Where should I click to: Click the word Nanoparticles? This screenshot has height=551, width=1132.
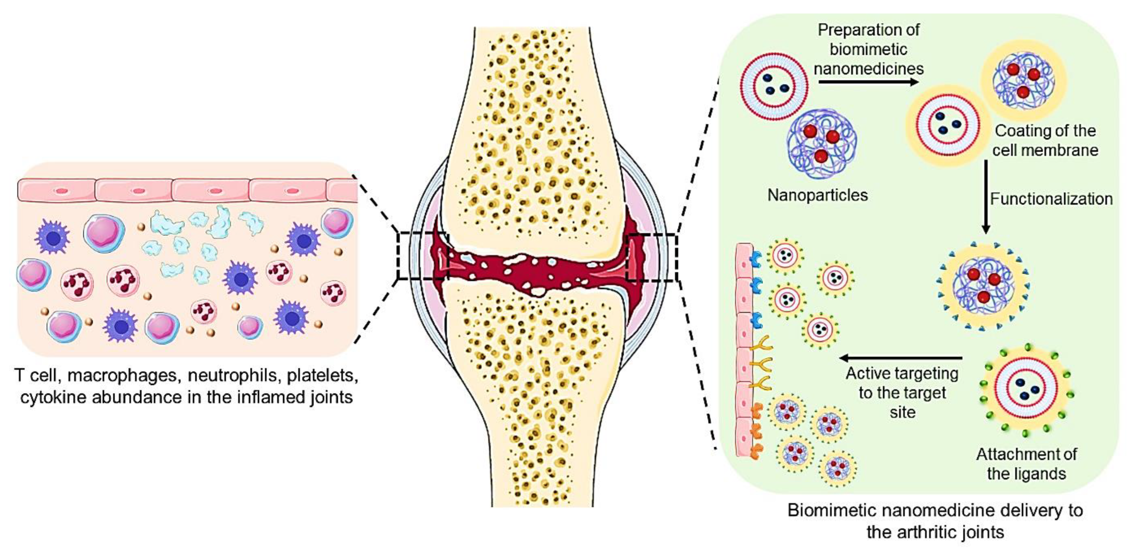click(817, 195)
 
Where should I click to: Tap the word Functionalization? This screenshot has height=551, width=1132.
click(1051, 199)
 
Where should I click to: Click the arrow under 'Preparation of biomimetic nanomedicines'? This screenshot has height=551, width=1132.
click(868, 82)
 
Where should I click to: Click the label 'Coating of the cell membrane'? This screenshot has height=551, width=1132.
click(1045, 140)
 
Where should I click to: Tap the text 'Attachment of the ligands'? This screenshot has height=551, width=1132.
click(1026, 464)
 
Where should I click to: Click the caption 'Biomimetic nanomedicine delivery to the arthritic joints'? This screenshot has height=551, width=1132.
click(935, 521)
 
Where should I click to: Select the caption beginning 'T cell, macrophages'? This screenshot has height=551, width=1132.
click(186, 386)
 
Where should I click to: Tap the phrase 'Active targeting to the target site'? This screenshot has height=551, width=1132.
click(902, 393)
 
